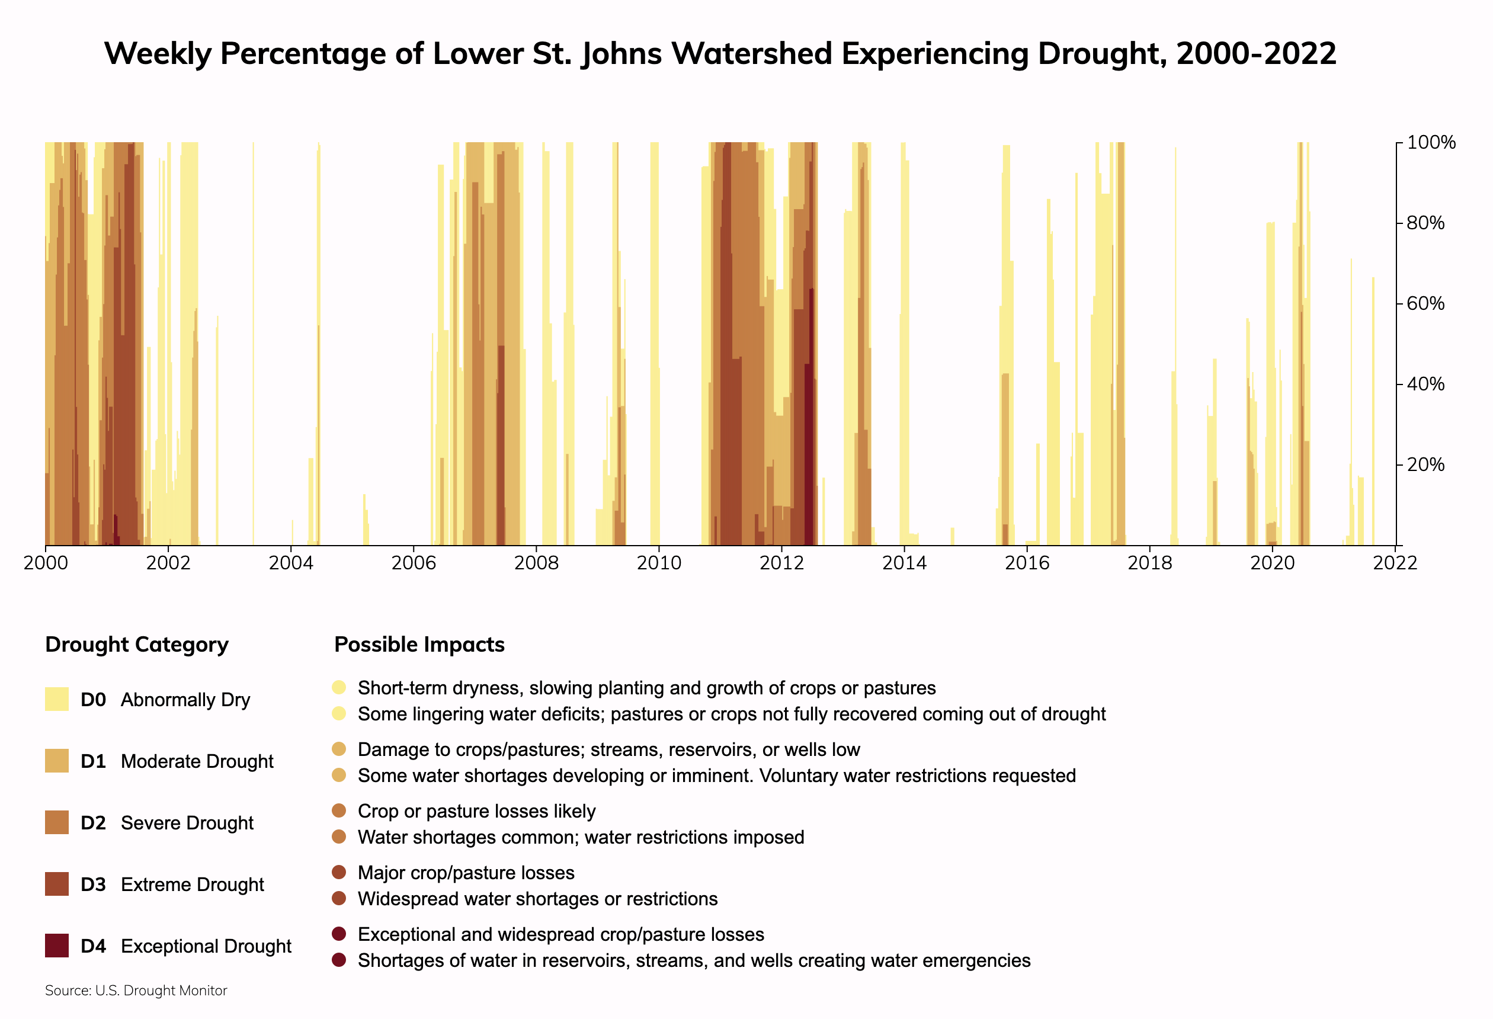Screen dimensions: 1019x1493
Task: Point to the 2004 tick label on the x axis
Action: pos(290,563)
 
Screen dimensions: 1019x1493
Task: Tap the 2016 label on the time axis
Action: pos(1027,563)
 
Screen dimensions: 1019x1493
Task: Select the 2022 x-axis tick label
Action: pos(1395,563)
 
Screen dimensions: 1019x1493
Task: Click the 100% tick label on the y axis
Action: pos(1431,143)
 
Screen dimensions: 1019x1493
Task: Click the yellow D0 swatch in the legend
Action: pos(56,699)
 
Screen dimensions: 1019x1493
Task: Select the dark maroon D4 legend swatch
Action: pos(56,946)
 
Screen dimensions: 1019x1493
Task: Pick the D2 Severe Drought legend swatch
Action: pos(56,822)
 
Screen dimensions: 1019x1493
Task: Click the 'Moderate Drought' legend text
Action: pos(197,761)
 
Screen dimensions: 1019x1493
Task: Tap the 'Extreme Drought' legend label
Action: pos(192,885)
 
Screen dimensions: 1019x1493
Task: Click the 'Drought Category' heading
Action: pos(137,645)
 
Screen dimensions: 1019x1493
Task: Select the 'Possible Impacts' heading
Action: pos(419,645)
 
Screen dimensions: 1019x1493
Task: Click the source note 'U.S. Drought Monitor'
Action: pos(136,991)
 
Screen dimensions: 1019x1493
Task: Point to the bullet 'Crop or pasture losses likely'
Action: pos(476,812)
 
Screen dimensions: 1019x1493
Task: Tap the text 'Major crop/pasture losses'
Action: pos(466,873)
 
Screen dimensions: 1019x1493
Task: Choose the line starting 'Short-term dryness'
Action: pos(646,688)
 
